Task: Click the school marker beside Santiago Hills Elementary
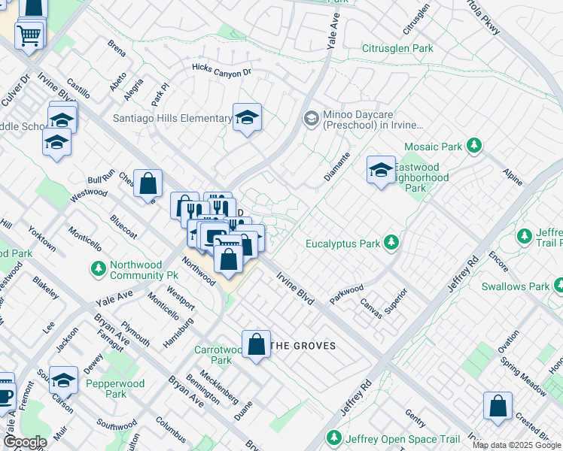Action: pyautogui.click(x=247, y=118)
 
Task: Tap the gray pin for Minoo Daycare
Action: pyautogui.click(x=311, y=118)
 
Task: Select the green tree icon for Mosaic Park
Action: pyautogui.click(x=473, y=145)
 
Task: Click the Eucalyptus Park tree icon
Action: pyautogui.click(x=391, y=242)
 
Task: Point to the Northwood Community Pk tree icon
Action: pyautogui.click(x=98, y=268)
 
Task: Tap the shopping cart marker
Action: pyautogui.click(x=29, y=34)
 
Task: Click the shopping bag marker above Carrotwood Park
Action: pyautogui.click(x=257, y=344)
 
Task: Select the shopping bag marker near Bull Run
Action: pyautogui.click(x=148, y=183)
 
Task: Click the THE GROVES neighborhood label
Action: pyautogui.click(x=303, y=346)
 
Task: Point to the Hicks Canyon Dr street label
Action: pyautogui.click(x=221, y=71)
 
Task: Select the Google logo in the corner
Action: pyautogui.click(x=26, y=442)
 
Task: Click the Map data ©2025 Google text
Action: pyautogui.click(x=516, y=445)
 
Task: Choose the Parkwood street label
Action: pyautogui.click(x=346, y=293)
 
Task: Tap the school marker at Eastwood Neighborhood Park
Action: pyautogui.click(x=381, y=170)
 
